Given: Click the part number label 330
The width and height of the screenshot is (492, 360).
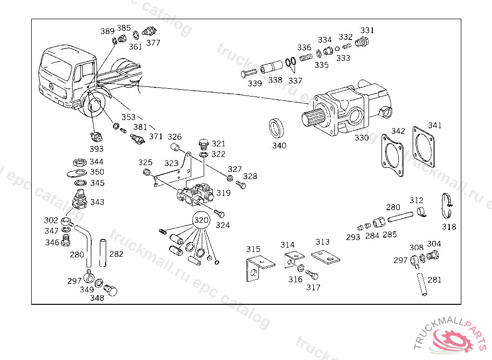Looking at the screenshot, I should pyautogui.click(x=361, y=138).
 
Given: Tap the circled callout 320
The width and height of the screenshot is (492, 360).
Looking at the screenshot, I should pyautogui.click(x=201, y=220).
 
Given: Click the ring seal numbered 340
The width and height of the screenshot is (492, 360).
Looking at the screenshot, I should pyautogui.click(x=276, y=129).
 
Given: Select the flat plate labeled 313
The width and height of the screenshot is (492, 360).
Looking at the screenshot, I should pyautogui.click(x=326, y=257).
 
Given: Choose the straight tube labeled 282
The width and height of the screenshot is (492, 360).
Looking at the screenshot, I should pyautogui.click(x=102, y=253).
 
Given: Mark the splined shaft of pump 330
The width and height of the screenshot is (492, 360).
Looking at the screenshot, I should pyautogui.click(x=315, y=118).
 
